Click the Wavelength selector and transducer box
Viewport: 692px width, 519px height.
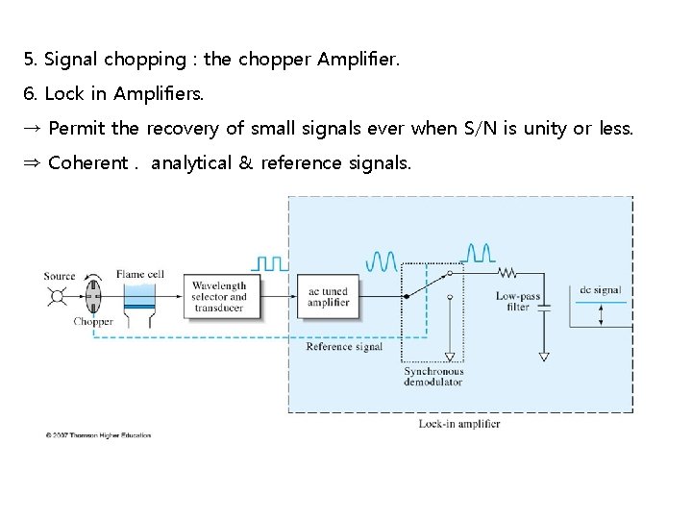coord(219,297)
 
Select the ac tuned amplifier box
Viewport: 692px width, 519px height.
coord(328,297)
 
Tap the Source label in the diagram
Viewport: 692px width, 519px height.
coord(60,276)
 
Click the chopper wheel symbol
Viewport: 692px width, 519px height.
coord(93,297)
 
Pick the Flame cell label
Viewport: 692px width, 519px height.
coord(139,274)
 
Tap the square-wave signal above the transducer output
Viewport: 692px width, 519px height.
coord(269,261)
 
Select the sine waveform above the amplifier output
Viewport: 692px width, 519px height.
coord(382,260)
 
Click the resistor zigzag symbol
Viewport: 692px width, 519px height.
coord(507,271)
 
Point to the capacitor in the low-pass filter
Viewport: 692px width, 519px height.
coord(544,309)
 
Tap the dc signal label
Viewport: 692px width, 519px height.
coord(601,289)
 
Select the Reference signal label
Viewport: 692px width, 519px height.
coord(344,347)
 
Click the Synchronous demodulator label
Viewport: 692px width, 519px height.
coord(432,377)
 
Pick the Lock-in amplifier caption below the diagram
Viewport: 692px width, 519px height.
coord(459,424)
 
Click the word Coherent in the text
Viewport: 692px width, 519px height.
coord(86,163)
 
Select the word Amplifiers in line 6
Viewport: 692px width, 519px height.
coord(159,93)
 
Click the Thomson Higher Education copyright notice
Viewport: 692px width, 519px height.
coord(98,434)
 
